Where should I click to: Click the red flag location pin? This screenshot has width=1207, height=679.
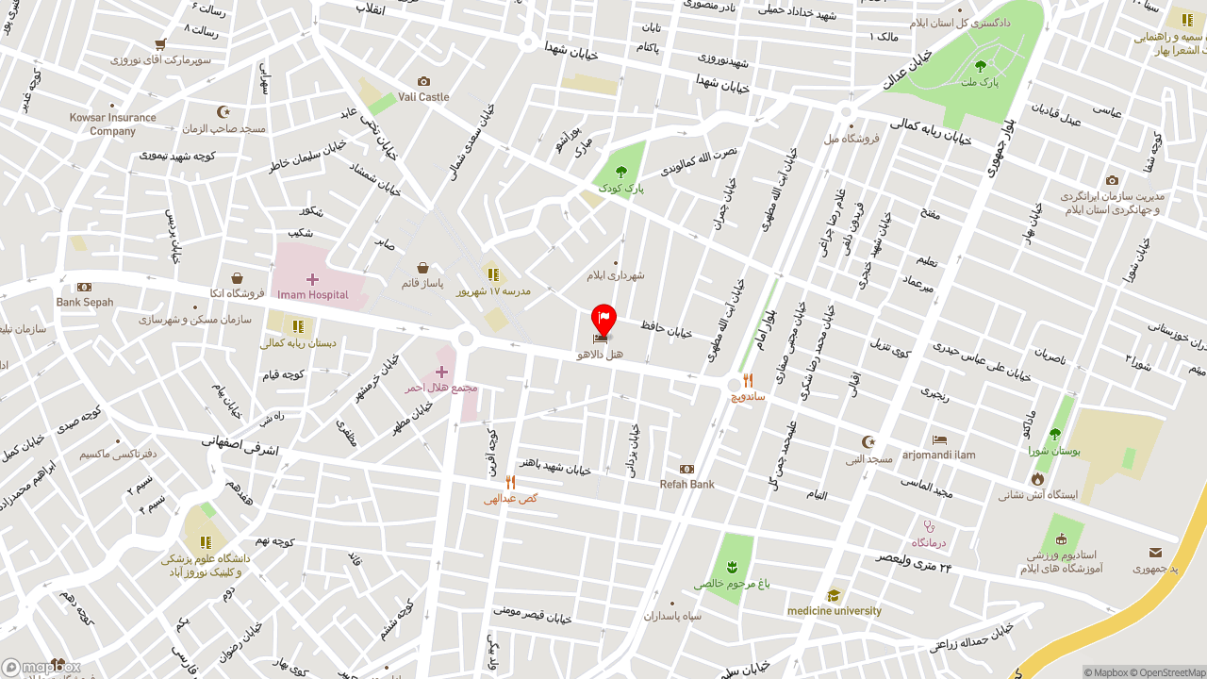(x=603, y=319)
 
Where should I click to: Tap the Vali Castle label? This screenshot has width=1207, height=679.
(x=423, y=97)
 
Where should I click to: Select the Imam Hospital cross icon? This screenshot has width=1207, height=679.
(x=312, y=279)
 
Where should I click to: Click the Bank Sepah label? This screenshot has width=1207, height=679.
(x=84, y=303)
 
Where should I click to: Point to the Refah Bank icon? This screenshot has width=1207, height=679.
(x=686, y=469)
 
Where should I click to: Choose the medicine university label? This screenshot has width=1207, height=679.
(x=834, y=611)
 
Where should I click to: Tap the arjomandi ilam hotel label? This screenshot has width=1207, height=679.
(x=938, y=455)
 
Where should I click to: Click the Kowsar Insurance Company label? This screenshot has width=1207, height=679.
(x=112, y=124)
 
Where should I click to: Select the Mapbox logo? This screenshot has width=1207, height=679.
(x=41, y=668)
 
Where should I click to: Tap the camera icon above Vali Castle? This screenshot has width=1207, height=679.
(x=423, y=82)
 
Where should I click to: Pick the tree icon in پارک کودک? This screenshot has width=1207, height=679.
(x=620, y=172)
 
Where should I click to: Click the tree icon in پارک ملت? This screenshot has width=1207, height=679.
(x=980, y=66)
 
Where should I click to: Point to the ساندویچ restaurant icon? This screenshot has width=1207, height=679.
(x=748, y=381)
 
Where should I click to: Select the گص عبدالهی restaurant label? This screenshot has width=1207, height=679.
(x=510, y=498)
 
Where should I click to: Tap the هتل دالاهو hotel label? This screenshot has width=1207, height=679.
(x=600, y=355)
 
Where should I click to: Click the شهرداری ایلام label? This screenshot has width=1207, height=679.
(x=616, y=275)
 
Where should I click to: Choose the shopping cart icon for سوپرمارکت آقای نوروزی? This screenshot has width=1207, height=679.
(x=160, y=44)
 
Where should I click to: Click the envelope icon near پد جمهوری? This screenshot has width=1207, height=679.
(x=1155, y=553)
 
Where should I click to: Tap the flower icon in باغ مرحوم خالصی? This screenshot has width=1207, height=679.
(x=732, y=567)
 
